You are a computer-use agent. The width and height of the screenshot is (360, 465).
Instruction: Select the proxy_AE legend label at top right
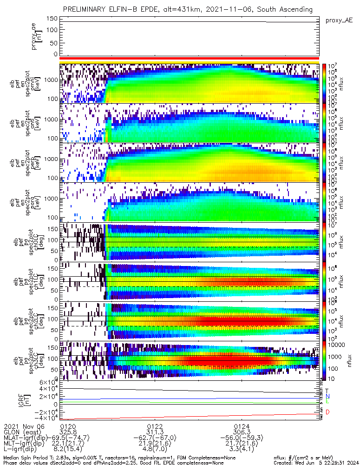[339, 20]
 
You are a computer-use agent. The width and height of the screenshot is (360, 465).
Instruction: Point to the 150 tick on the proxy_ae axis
[52, 18]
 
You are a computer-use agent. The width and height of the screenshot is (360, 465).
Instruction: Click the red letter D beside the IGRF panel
[327, 412]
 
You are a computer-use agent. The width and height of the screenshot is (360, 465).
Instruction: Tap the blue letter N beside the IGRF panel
[327, 396]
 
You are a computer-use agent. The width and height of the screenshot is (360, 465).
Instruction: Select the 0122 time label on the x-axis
[155, 426]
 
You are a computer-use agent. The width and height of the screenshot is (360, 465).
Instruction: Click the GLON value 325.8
[68, 432]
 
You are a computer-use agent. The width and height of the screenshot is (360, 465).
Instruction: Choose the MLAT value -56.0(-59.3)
[241, 438]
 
